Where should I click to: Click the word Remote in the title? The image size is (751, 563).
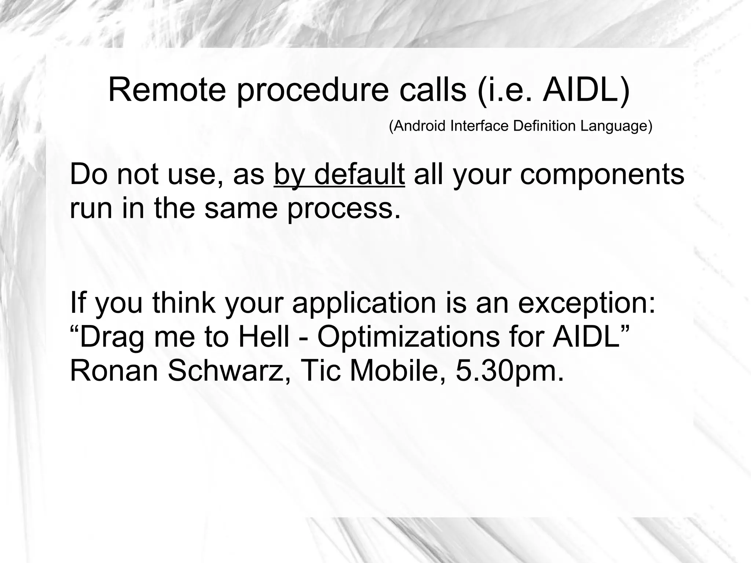167,90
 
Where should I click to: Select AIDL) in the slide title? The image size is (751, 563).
586,91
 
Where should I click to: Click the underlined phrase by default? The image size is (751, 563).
339,175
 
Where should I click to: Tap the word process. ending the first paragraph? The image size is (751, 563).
344,209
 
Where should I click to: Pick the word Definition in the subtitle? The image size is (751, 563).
545,126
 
